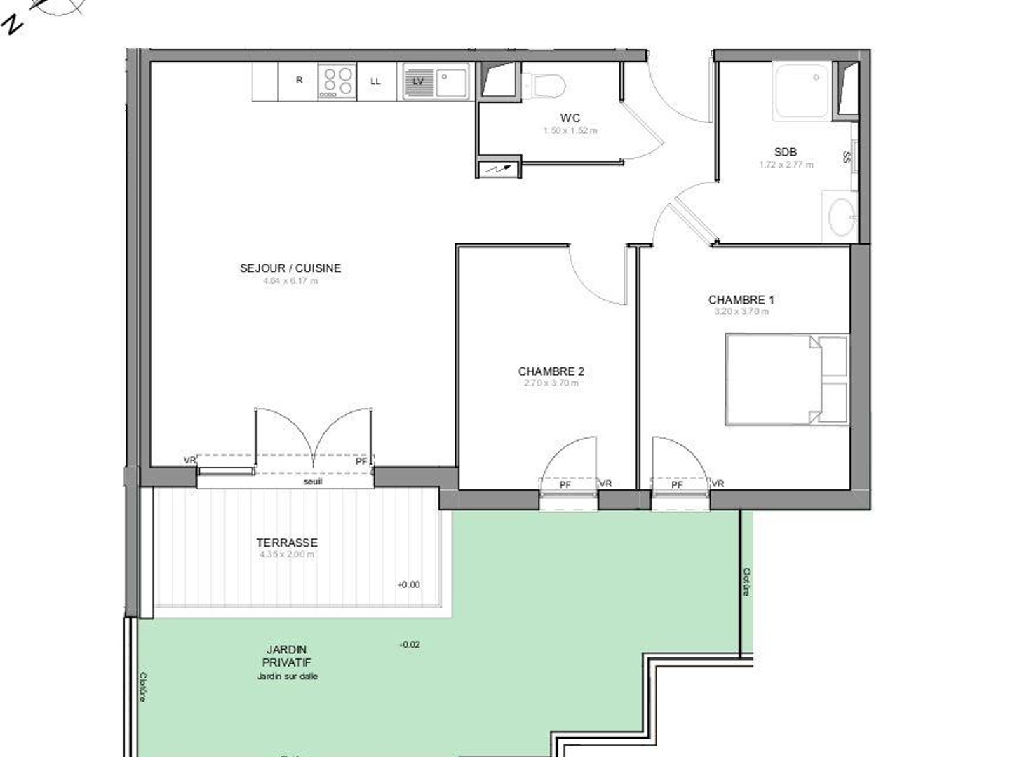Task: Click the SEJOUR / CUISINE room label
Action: tap(290, 268)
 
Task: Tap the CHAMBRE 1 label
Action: tap(741, 300)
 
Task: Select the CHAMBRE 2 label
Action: tap(551, 371)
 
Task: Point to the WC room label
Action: tap(570, 118)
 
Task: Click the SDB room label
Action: tap(785, 152)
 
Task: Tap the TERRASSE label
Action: tap(286, 543)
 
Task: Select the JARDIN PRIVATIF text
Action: tap(286, 656)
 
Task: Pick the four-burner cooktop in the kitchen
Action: tap(337, 81)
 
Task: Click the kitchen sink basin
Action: tap(452, 82)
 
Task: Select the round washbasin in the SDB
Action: tap(841, 217)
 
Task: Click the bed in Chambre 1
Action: tap(786, 379)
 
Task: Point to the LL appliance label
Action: tap(375, 81)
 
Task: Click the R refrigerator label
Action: tap(299, 80)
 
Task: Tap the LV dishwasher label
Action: tap(418, 81)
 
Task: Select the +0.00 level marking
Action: tap(408, 585)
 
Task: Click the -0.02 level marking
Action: tap(410, 644)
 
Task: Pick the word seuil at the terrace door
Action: tap(313, 482)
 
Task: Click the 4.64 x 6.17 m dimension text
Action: tap(290, 281)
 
